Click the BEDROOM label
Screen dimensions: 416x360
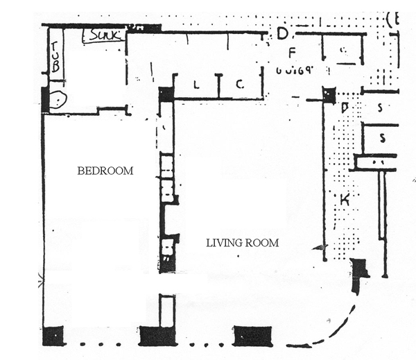click(105, 171)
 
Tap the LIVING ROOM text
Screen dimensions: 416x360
click(243, 243)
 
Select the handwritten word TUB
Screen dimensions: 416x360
click(55, 57)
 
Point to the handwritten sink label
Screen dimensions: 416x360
click(105, 34)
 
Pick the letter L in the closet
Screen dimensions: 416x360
click(196, 85)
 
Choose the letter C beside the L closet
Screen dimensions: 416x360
click(239, 85)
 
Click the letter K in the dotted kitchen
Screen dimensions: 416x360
click(343, 200)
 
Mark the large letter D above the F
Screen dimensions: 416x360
click(282, 33)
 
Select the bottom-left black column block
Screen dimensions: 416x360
click(53, 335)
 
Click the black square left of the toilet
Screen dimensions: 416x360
click(46, 99)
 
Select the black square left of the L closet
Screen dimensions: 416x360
click(165, 94)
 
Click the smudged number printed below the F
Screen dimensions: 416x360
click(295, 69)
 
